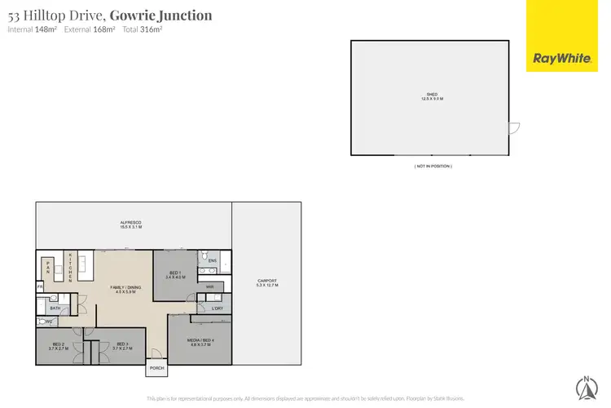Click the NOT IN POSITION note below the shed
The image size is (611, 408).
click(x=432, y=166)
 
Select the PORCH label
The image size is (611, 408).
click(x=156, y=368)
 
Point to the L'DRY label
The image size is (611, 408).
click(x=216, y=308)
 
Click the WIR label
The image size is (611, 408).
click(x=209, y=287)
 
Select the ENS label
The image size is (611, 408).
click(x=212, y=260)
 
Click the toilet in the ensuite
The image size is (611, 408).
click(x=203, y=255)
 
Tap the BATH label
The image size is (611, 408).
click(x=55, y=308)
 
